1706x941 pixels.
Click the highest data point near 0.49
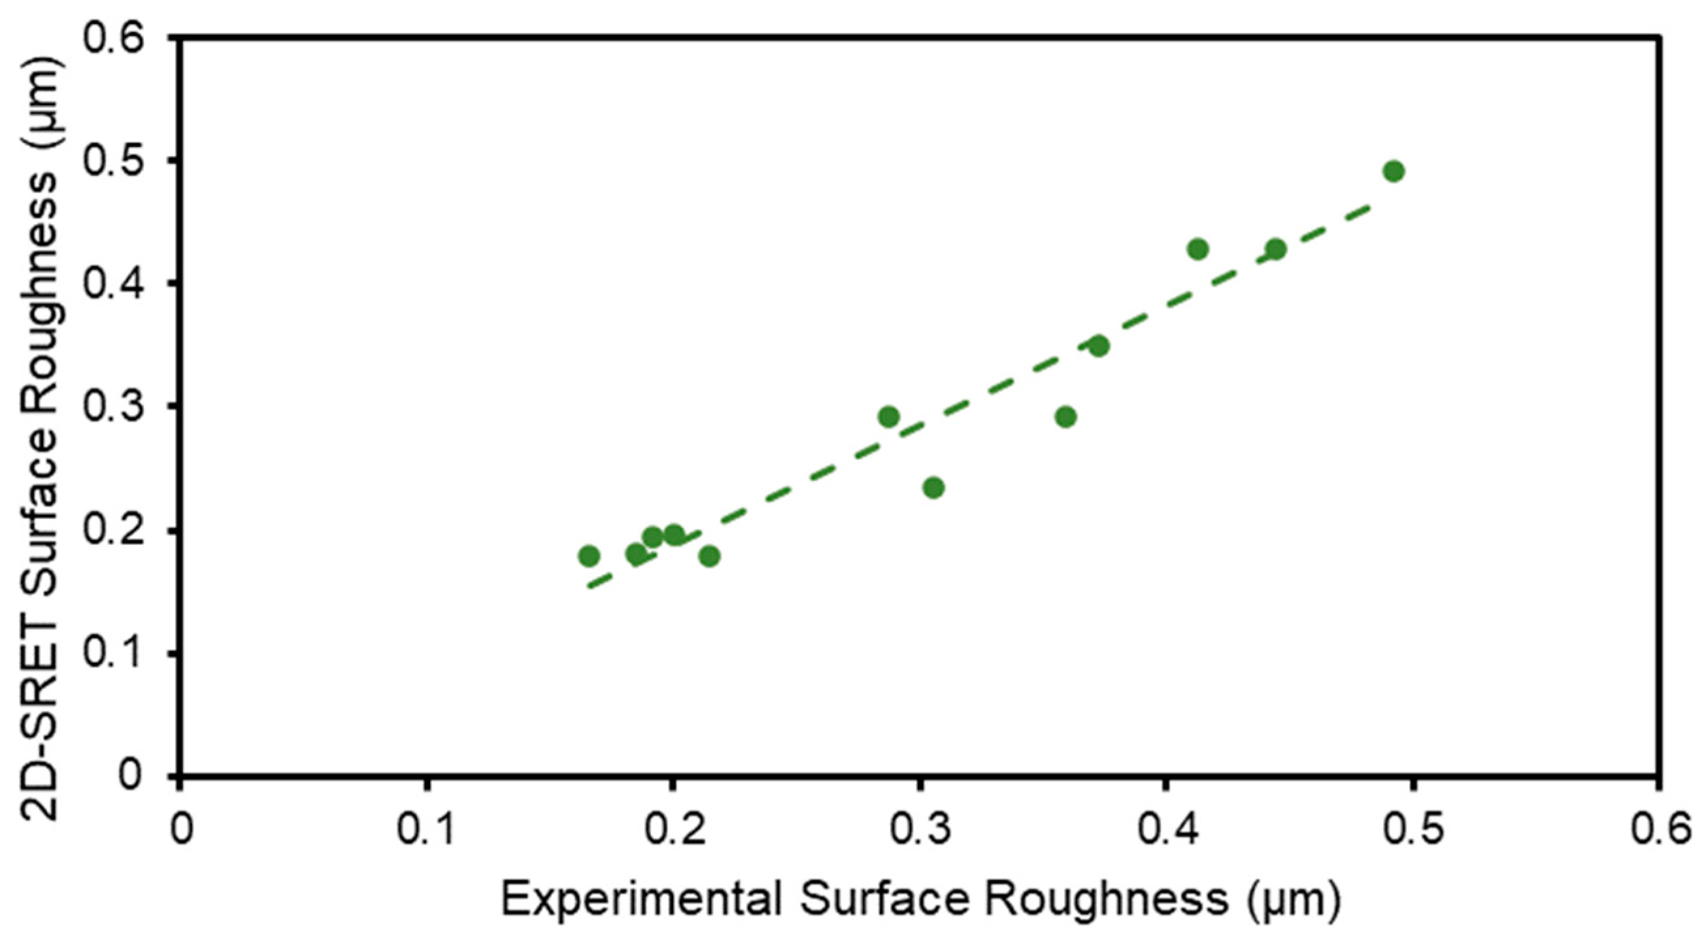pyautogui.click(x=1394, y=171)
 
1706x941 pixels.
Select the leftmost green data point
pyautogui.click(x=589, y=555)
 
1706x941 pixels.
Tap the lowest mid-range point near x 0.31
pyautogui.click(x=933, y=488)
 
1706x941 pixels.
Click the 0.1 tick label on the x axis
pyautogui.click(x=426, y=831)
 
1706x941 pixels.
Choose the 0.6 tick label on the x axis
pyautogui.click(x=1658, y=831)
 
